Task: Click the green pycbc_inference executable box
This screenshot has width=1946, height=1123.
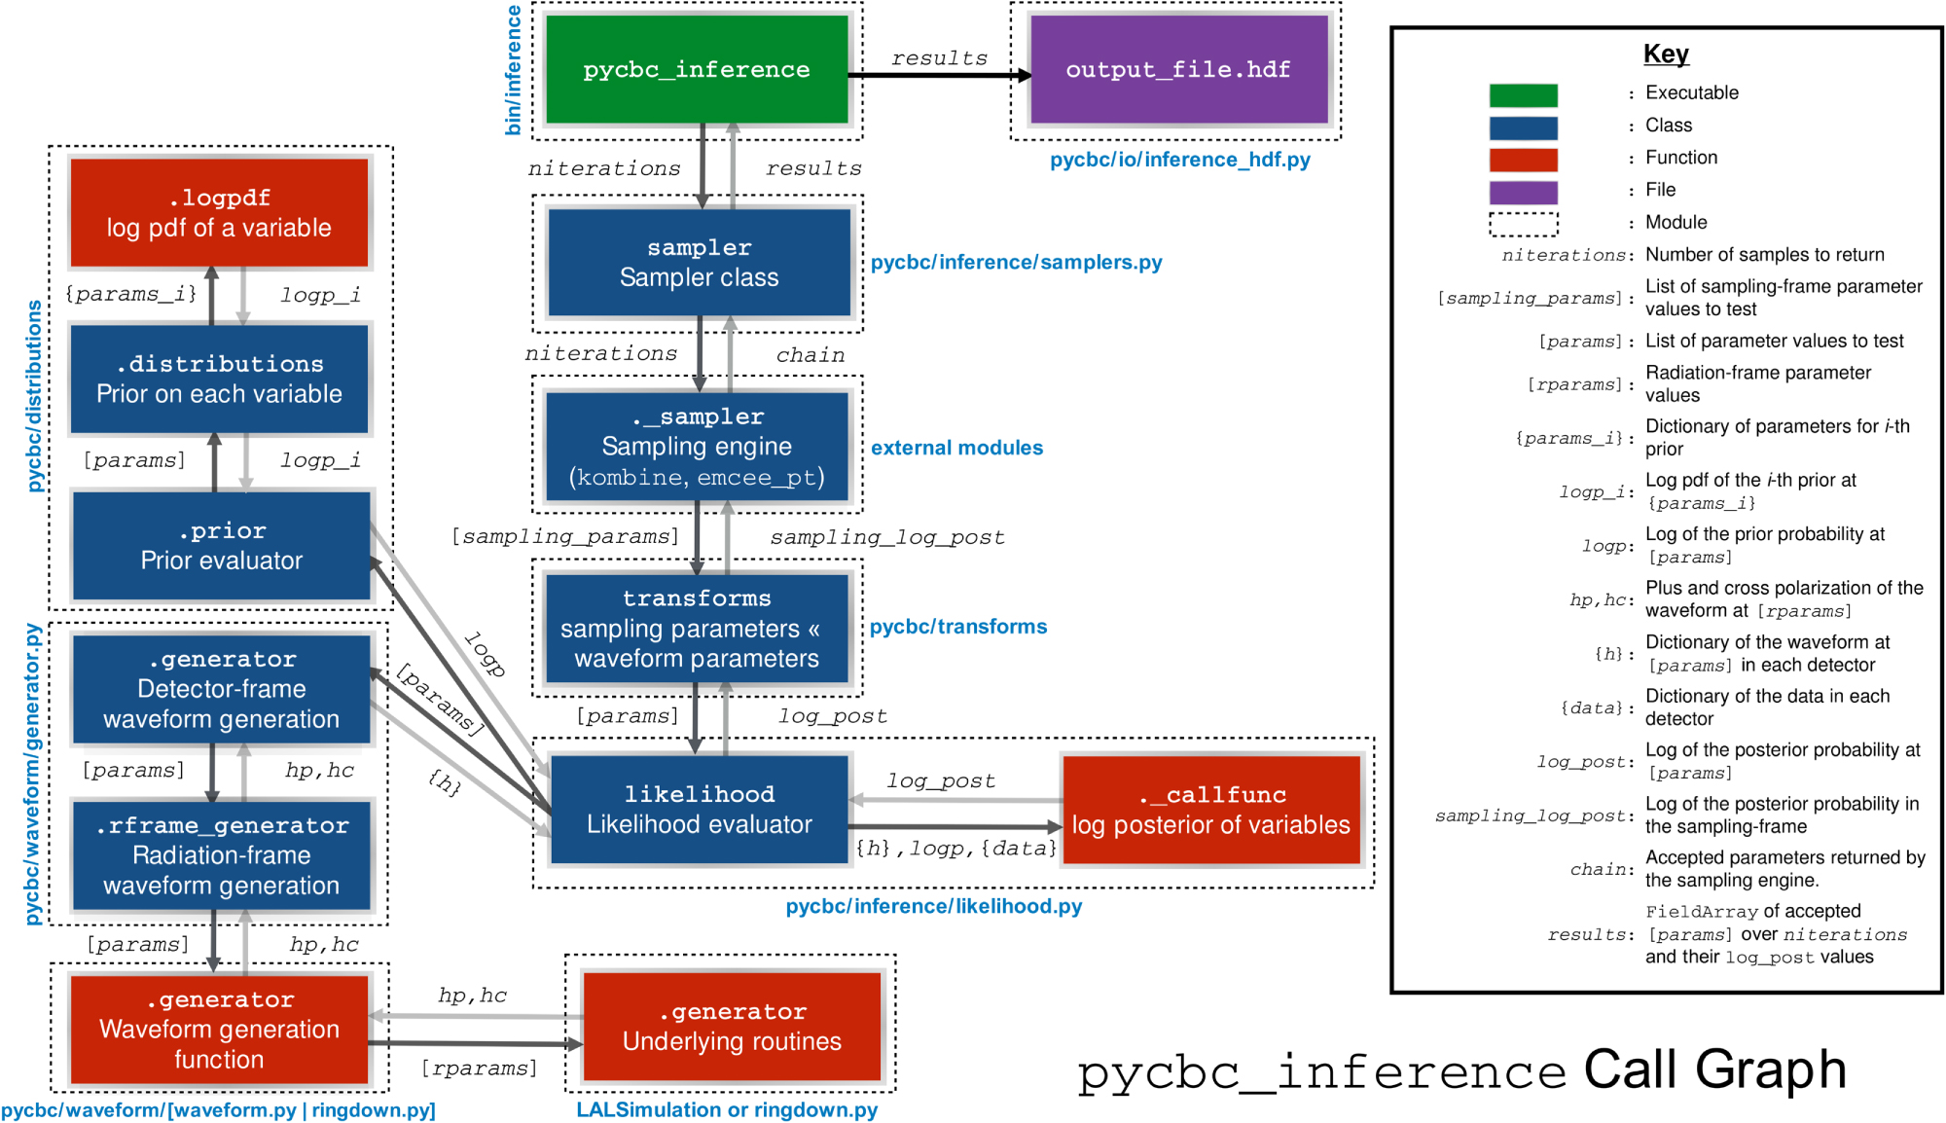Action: tap(697, 69)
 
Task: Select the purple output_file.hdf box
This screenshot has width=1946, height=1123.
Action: tap(1178, 69)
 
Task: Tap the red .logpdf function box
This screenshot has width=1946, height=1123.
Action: tap(219, 212)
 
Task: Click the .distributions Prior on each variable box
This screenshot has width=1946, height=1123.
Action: tap(219, 379)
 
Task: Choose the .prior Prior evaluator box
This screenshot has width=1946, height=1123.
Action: tap(221, 545)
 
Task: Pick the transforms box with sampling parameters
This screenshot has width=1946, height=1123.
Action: tap(697, 628)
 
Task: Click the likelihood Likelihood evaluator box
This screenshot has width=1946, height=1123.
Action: tap(699, 809)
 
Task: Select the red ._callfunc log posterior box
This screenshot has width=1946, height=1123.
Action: tap(1210, 810)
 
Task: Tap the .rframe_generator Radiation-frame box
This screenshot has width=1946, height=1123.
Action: tap(221, 855)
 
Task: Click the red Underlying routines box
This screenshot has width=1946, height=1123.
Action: tap(732, 1027)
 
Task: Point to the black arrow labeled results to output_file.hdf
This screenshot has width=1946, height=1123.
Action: tap(939, 75)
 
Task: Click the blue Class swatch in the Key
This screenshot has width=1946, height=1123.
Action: tap(1523, 127)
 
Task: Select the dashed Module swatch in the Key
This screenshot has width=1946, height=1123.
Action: tap(1523, 224)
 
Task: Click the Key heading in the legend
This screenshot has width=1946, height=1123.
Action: tap(1666, 54)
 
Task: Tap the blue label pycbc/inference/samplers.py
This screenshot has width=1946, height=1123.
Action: tap(1016, 262)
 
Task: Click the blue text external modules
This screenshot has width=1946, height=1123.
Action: tap(956, 448)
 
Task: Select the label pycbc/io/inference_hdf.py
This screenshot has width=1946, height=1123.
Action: tap(1179, 160)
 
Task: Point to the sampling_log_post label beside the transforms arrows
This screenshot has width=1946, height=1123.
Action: tap(886, 537)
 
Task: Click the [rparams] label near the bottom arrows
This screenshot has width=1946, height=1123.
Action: tap(479, 1069)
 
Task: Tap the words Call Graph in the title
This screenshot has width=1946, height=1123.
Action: tap(1714, 1069)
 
